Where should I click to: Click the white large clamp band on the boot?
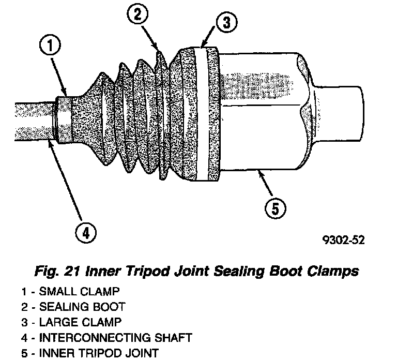[x=211, y=114]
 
